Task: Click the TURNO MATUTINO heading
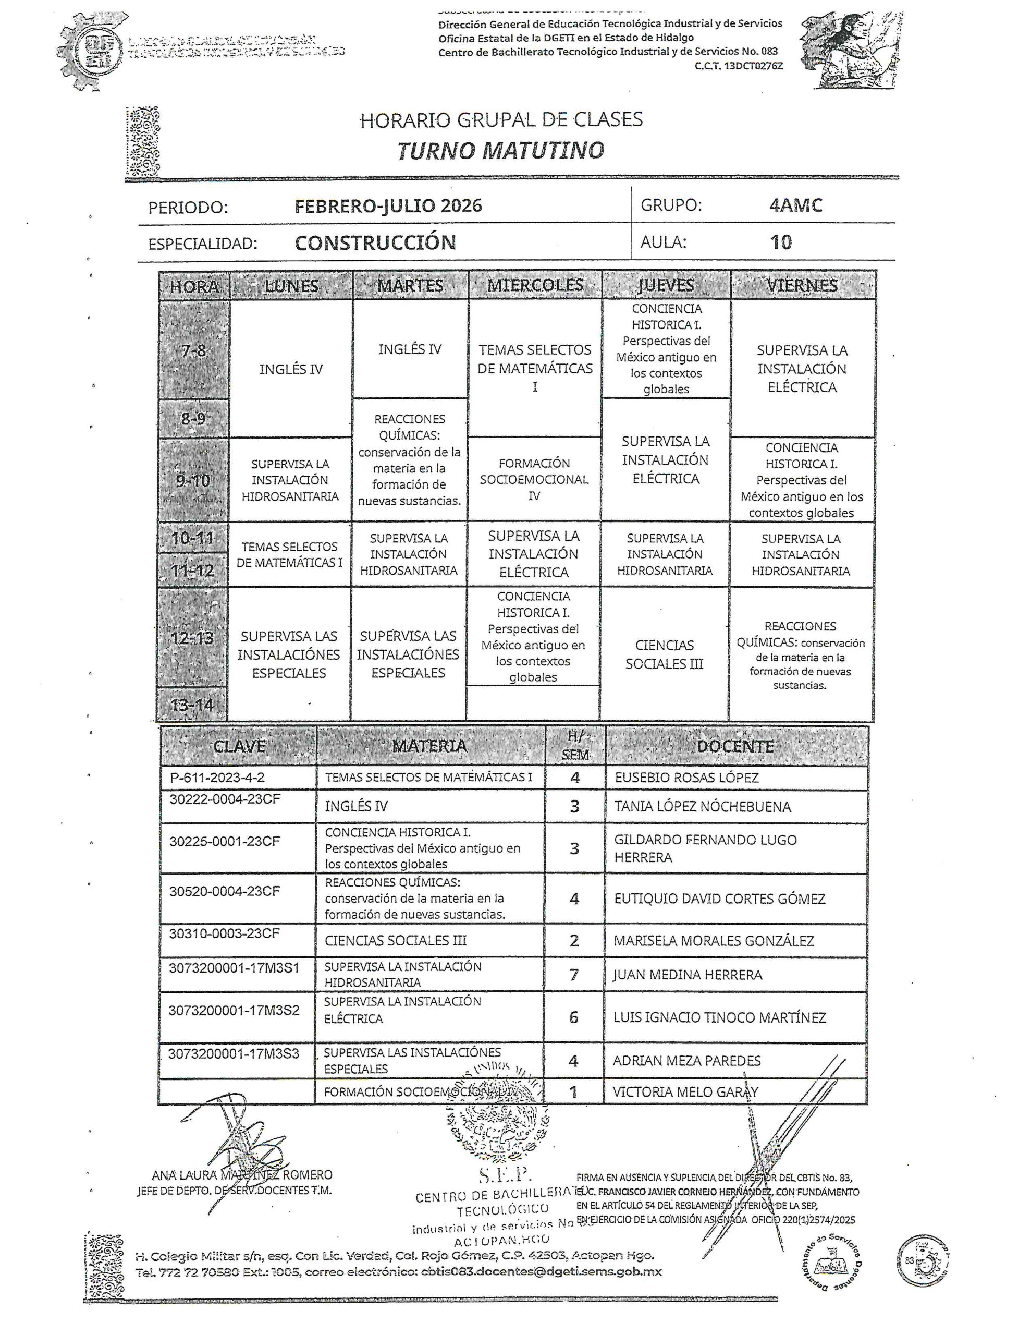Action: pos(500,150)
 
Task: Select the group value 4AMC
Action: pos(796,205)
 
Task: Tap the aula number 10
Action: pos(781,242)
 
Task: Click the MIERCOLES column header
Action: pos(535,285)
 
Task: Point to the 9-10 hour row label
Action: pos(193,480)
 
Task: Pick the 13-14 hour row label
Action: pos(193,705)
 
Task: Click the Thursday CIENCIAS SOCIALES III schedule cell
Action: pos(665,654)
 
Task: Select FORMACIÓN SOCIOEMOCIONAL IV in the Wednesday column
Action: pos(534,479)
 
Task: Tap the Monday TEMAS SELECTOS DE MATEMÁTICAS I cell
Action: pos(290,554)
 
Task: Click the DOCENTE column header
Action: pos(735,746)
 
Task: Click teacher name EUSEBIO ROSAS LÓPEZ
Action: pos(686,778)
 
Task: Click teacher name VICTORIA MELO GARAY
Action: pos(685,1091)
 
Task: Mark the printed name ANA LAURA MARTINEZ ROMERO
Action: pos(242,1175)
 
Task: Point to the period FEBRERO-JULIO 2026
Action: pos(389,205)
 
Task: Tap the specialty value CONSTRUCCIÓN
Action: pos(375,242)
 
